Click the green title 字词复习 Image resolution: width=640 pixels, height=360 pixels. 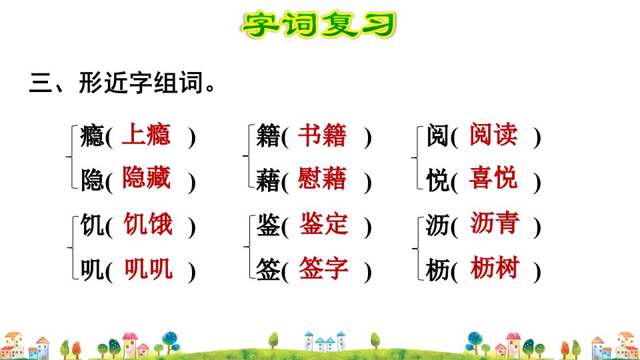pos(319,25)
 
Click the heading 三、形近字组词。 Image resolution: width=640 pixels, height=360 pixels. pos(122,83)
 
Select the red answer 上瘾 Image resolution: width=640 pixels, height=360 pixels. pos(146,134)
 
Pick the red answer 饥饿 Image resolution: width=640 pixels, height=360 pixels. pos(148,224)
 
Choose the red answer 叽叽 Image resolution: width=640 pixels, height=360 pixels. pos(148,269)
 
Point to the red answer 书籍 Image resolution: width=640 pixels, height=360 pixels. pos(323,135)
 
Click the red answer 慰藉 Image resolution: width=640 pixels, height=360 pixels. pos(323,178)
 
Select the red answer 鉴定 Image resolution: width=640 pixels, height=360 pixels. pos(324,224)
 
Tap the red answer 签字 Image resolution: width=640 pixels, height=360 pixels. pos(324,268)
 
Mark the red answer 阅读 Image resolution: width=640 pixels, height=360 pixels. pos(493,134)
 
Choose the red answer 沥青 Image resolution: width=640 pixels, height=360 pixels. pos(495,223)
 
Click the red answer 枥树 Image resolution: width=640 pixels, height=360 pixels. pos(495,267)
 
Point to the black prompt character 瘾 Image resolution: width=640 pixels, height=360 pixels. pos(92,136)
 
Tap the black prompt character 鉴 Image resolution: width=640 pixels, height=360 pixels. pos(268,225)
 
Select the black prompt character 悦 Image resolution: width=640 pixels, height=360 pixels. pos(438,180)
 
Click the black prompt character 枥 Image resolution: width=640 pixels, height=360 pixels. pos(437,270)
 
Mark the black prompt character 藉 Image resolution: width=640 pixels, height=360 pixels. pos(268,181)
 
